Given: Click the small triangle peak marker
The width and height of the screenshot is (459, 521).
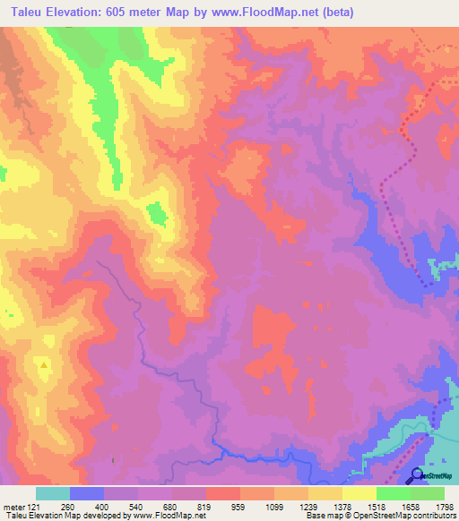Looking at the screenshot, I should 42,365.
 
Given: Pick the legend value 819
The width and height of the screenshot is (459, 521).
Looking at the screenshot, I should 205,505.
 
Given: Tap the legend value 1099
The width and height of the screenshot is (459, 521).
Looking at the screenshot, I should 274,505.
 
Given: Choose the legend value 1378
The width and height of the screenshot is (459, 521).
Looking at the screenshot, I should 342,505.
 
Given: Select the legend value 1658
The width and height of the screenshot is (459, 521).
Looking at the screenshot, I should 411,505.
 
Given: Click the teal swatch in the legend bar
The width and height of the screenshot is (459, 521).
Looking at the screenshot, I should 53,493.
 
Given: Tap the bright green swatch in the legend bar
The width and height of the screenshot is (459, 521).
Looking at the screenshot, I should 394,493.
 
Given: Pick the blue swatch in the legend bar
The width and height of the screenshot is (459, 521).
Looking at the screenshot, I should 87,493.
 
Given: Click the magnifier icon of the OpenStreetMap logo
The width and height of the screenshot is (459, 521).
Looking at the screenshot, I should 417,474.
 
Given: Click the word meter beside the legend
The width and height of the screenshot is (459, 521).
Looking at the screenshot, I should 13,505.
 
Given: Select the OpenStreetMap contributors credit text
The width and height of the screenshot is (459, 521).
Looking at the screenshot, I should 407,516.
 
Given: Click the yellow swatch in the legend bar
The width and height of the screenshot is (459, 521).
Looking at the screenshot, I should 359,493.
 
